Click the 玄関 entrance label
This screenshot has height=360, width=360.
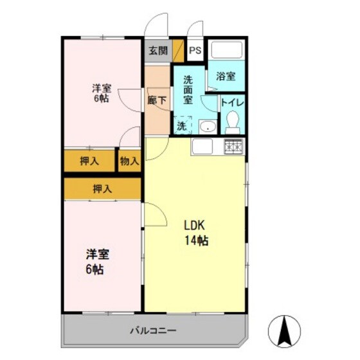pos(157,51)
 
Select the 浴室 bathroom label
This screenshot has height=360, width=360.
pos(225,76)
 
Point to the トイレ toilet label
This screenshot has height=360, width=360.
pos(231,102)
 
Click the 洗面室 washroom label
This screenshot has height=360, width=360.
pos(188,91)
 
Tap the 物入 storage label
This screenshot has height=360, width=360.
pos(129,161)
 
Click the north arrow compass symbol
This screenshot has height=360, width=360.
pos(283,330)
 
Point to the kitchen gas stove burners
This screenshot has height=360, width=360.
pos(233,147)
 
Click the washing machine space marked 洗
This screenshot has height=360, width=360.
pos(182,125)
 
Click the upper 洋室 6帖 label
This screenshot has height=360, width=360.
pos(101,93)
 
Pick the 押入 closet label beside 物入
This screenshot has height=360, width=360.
pos(90,161)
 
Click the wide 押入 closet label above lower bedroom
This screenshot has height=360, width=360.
pos(102,189)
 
